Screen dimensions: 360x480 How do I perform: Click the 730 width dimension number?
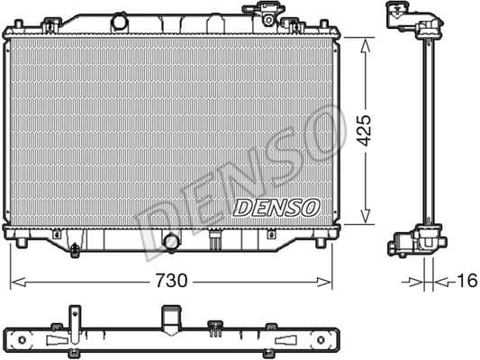tap(171, 281)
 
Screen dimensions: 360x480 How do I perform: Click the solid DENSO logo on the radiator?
tap(276, 207)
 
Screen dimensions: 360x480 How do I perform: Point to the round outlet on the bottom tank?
tap(171, 240)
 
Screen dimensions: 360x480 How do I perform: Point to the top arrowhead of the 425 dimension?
tap(365, 41)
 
